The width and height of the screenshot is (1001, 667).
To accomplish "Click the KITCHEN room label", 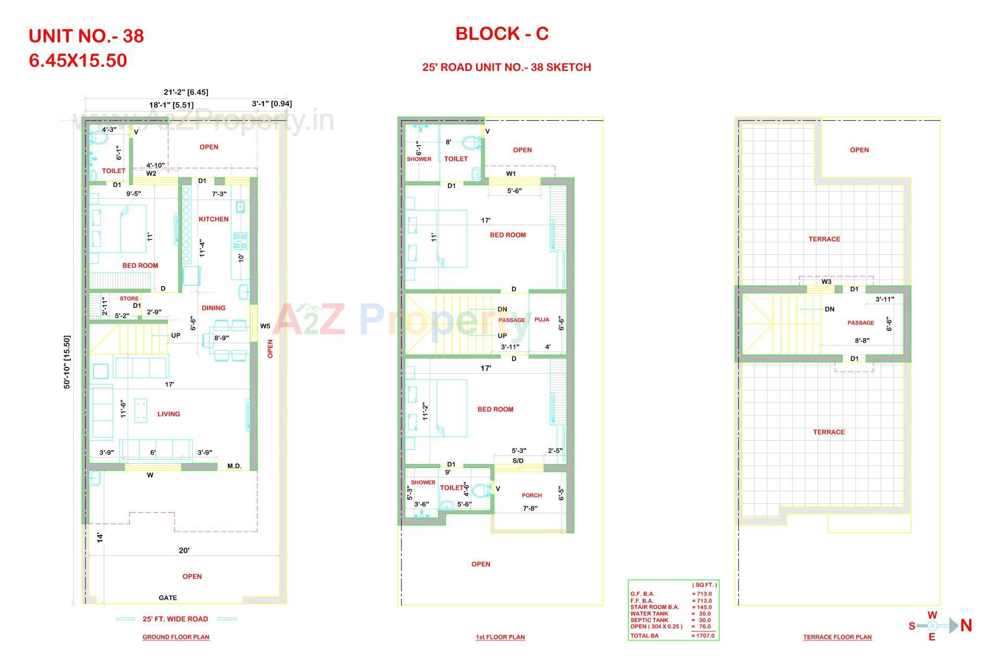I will pos(213,219).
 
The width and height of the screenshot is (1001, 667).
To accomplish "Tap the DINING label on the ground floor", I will pos(213,308).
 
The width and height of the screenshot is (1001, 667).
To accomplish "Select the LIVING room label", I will pos(168,414).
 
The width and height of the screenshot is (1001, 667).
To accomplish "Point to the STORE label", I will pos(129,299).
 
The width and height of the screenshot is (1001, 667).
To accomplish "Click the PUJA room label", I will pos(542,320).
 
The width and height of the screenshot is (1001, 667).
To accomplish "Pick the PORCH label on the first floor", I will pos(532,496).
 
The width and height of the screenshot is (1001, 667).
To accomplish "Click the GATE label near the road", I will pos(168,598).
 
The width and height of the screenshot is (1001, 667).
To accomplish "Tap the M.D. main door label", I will pos(235,466).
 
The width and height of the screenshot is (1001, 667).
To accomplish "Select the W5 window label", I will pos(265,326).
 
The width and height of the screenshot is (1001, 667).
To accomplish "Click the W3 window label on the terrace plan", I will pos(826,282).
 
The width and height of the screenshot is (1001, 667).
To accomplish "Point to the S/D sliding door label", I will pos(518,461).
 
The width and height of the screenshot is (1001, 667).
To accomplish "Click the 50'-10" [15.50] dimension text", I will pos(67,362).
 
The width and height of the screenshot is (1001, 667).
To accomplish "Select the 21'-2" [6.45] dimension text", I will pos(186,92).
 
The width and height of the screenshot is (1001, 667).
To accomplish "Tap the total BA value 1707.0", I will pos(705,636).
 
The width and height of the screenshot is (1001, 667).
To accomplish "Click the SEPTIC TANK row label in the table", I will pos(649,620).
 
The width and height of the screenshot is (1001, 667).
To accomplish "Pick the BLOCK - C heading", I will pos(502,34).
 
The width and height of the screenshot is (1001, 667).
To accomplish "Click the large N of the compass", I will pos(966,625).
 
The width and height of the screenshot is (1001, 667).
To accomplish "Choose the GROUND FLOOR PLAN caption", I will pos(176,637).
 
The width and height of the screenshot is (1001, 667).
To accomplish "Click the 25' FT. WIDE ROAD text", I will pos(175,619).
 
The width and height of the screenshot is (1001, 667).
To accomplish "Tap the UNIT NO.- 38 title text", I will pos(87,36).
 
